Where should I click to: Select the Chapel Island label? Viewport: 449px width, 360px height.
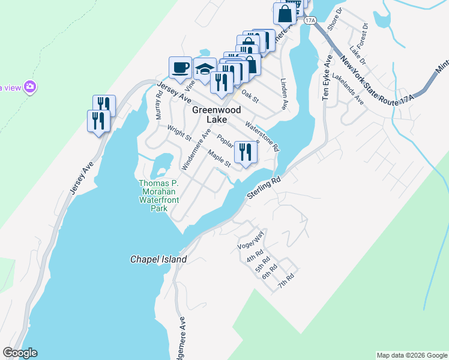158,260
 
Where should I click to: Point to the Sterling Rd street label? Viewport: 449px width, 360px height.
264,188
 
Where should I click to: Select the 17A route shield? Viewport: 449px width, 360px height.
310,20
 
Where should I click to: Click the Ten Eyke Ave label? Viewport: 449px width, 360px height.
327,79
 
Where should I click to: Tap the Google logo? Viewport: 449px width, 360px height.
20,353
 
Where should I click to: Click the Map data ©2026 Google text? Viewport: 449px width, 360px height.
411,355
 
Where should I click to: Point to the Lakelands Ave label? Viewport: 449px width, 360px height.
348,89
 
